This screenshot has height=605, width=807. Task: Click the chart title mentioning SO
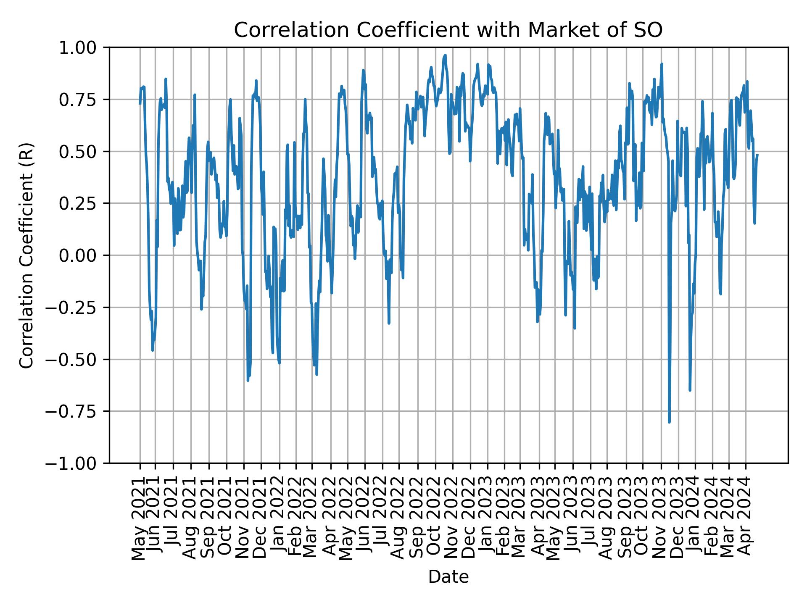(x=448, y=30)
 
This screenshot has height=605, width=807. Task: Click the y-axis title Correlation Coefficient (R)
(x=26, y=255)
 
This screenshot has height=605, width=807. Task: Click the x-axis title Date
(x=448, y=577)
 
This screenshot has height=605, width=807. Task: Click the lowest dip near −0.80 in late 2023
(x=669, y=422)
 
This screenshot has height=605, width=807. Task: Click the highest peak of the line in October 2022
(x=445, y=55)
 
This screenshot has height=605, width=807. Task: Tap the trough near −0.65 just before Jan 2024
(x=690, y=390)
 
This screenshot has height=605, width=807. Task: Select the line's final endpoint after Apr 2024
(x=757, y=155)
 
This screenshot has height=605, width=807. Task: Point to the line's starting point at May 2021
(x=140, y=103)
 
